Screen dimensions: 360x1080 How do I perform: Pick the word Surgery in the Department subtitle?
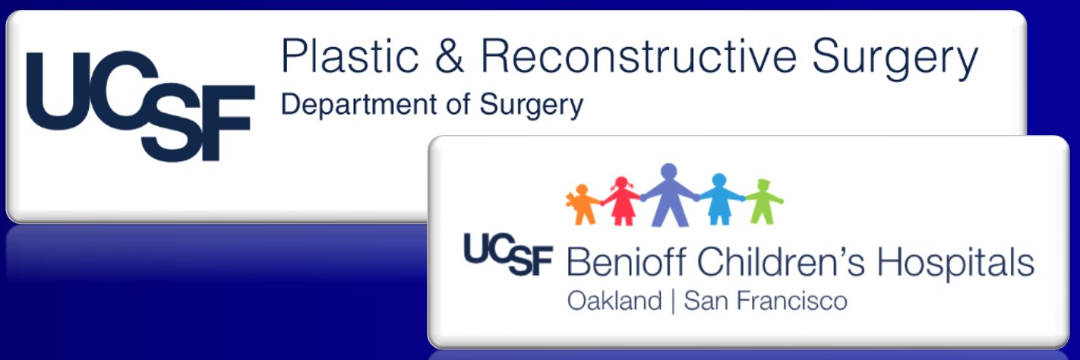(532, 106)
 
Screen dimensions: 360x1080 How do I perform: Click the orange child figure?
(584, 204)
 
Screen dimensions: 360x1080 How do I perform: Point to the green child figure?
(761, 201)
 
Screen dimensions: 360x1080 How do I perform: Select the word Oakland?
(614, 302)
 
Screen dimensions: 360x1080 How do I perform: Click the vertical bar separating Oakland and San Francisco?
(673, 302)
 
